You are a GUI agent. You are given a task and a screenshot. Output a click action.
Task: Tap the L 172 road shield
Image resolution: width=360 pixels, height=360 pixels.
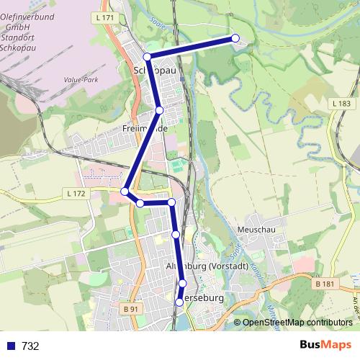pyautogui.click(x=74, y=194)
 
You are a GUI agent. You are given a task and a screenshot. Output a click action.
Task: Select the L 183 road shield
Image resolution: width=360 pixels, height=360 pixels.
pyautogui.click(x=343, y=104)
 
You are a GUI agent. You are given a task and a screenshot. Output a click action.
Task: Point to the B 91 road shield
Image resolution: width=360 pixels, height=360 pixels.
pyautogui.click(x=130, y=309)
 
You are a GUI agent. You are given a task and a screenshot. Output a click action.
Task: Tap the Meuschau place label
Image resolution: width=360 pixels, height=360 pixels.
pyautogui.click(x=252, y=229)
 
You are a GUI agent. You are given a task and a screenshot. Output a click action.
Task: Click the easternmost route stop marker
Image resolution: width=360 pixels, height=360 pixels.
pyautogui.click(x=235, y=38)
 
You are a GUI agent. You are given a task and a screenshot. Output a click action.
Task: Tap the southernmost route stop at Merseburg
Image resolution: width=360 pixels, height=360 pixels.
pyautogui.click(x=179, y=302)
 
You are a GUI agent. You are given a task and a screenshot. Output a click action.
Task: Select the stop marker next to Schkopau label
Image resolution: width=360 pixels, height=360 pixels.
pyautogui.click(x=147, y=56)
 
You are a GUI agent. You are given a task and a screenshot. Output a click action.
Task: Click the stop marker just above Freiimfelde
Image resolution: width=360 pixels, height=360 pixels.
pyautogui.click(x=159, y=109)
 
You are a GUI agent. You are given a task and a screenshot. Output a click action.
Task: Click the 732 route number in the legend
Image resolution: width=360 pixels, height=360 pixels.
pyautogui.click(x=30, y=346)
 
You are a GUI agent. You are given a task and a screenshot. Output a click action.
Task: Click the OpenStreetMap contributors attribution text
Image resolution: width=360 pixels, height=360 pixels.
pyautogui.click(x=292, y=323)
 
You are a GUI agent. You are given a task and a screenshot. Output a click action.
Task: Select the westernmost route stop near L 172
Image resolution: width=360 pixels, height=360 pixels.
pyautogui.click(x=125, y=191)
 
